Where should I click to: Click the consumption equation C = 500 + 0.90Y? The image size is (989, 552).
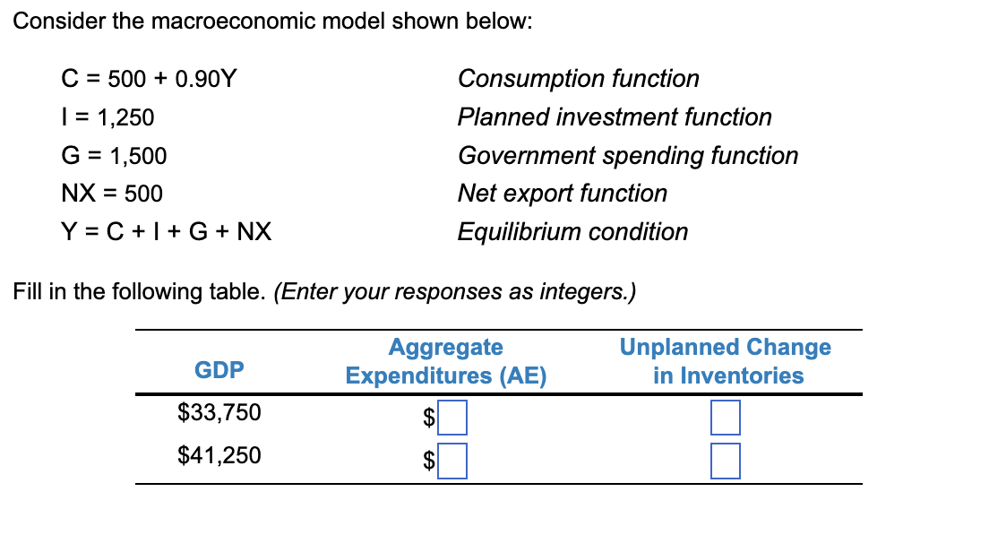[x=149, y=79]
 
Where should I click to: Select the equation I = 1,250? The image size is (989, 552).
[x=107, y=117]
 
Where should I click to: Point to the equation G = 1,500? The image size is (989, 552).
[x=114, y=156]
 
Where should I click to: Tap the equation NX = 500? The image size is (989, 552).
[x=112, y=194]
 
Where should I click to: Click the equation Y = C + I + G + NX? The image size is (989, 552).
[x=166, y=232]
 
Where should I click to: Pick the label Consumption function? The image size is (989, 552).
[x=578, y=79]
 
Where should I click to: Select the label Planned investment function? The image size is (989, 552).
[x=614, y=117]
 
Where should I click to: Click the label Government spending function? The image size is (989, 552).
[x=627, y=156]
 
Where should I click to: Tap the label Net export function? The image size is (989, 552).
[x=562, y=194]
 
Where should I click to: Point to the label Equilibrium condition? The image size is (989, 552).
[x=572, y=232]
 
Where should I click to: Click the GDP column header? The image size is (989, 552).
[x=219, y=369]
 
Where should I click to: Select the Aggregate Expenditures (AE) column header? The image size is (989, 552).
[x=446, y=361]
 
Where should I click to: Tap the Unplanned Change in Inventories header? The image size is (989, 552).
[x=726, y=361]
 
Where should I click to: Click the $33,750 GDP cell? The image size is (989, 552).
[x=219, y=413]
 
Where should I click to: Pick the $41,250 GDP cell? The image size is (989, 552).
[x=219, y=456]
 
